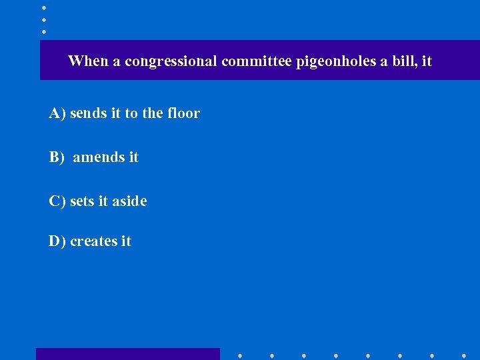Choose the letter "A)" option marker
pyautogui.click(x=57, y=113)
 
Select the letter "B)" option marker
pyautogui.click(x=57, y=157)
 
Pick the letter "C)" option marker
pyautogui.click(x=57, y=201)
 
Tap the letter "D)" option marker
pyautogui.click(x=57, y=241)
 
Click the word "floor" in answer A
pyautogui.click(x=183, y=113)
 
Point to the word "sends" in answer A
pyautogui.click(x=88, y=113)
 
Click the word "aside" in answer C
pyautogui.click(x=129, y=201)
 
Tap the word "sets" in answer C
pyautogui.click(x=83, y=201)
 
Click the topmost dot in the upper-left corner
pyautogui.click(x=43, y=7)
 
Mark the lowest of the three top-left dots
pyautogui.click(x=43, y=31)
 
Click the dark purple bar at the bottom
pyautogui.click(x=127, y=354)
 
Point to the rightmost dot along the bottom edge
pyautogui.click(x=464, y=355)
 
